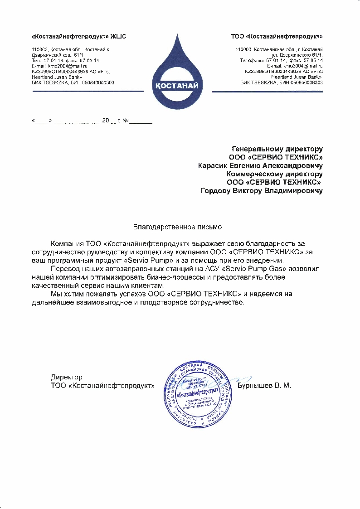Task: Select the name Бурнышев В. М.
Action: click(x=264, y=386)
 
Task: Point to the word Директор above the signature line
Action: click(x=67, y=377)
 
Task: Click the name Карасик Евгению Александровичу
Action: click(x=260, y=165)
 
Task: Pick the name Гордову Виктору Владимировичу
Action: click(x=262, y=191)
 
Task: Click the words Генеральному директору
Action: click(x=277, y=149)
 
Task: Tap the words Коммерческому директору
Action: click(x=274, y=174)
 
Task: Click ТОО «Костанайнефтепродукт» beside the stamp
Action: click(x=103, y=386)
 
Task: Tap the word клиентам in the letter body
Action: click(x=146, y=285)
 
